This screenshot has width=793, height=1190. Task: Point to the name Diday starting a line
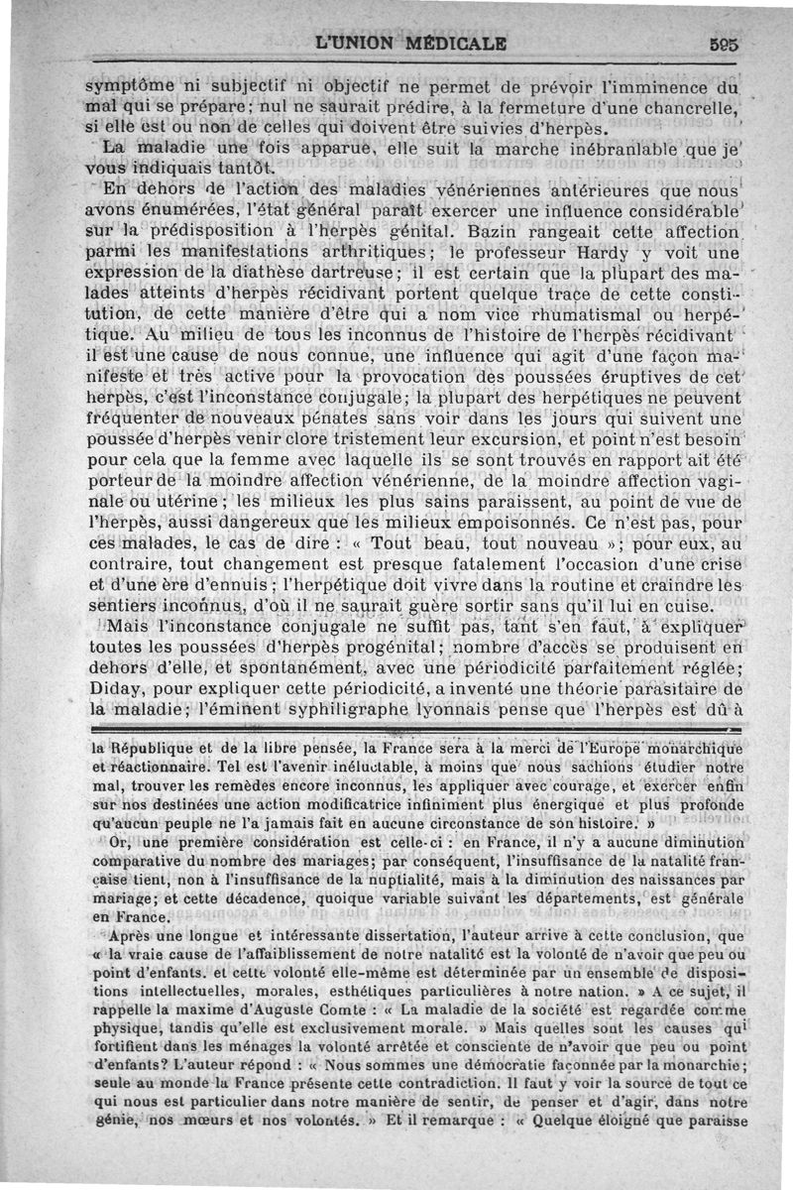pyautogui.click(x=93, y=685)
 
